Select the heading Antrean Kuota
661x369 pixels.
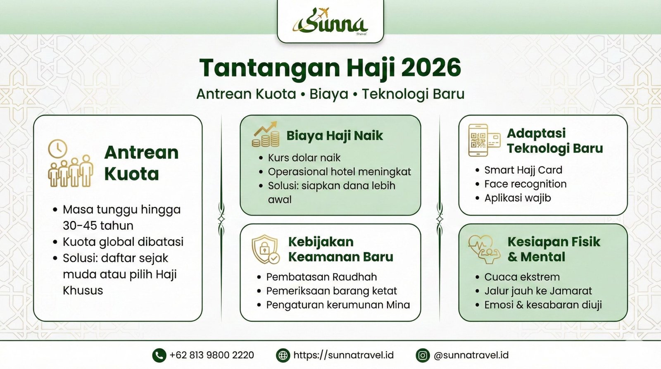tap(141, 163)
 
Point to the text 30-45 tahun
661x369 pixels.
tap(98, 226)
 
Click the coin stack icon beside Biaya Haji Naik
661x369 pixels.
tap(266, 135)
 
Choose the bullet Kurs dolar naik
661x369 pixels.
tap(304, 157)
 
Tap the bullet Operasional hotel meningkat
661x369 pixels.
tap(339, 171)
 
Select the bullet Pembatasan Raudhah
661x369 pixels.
tap(321, 277)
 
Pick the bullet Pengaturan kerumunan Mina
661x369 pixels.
tap(338, 305)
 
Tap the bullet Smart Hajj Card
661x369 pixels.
tap(523, 170)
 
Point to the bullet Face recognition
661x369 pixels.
tap(525, 184)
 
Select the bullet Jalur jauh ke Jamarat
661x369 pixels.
tap(538, 291)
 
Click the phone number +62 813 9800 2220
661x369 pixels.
tap(212, 355)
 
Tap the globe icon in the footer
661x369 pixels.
tap(283, 355)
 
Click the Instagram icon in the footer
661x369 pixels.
tap(423, 355)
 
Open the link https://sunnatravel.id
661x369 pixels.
tap(343, 355)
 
